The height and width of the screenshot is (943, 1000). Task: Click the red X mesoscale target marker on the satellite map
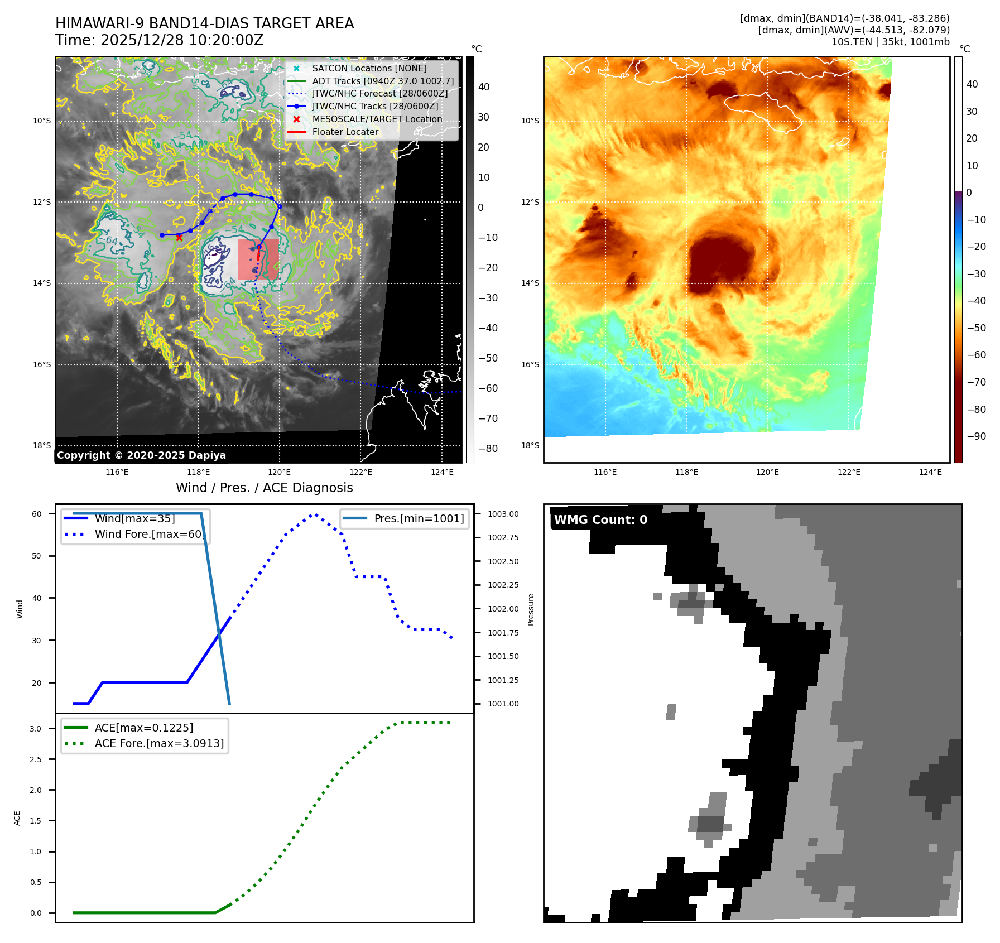point(179,238)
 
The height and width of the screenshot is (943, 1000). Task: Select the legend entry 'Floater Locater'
point(345,132)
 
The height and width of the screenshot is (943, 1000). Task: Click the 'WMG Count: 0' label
point(600,520)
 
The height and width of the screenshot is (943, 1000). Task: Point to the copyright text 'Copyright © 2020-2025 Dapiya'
point(141,455)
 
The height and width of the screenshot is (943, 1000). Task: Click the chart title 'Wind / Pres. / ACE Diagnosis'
point(265,488)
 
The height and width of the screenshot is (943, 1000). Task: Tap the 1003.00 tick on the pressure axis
point(503,514)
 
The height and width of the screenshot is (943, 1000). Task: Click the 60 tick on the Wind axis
point(37,514)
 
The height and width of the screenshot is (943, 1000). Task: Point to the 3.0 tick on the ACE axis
point(36,729)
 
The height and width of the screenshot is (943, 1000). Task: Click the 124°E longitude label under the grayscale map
point(442,472)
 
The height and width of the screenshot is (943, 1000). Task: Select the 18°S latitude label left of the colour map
point(530,445)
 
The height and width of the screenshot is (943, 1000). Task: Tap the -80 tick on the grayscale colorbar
point(488,449)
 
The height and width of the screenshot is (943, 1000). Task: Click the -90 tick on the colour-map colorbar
point(976,436)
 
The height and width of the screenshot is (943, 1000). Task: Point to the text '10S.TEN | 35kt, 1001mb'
point(891,42)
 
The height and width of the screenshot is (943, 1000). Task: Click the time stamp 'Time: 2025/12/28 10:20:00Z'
point(159,40)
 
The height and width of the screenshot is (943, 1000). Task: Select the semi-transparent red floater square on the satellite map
point(258,259)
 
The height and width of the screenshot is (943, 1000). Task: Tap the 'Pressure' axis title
point(531,609)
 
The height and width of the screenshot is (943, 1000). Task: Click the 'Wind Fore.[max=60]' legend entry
point(148,534)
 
